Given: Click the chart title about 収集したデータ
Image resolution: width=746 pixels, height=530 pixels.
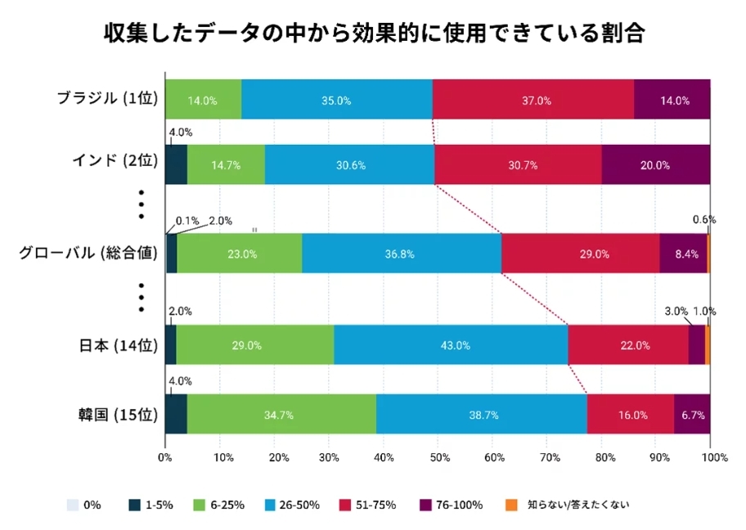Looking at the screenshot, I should tap(374, 34).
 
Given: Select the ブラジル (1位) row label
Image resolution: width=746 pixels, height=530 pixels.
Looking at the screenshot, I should tap(106, 99).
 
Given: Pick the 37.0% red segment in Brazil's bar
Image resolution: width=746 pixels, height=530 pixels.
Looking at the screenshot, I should tap(533, 100).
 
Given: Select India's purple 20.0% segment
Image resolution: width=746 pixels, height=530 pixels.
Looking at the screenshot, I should tap(655, 164).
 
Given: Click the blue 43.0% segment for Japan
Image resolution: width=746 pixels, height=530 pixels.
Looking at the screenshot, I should tap(451, 345).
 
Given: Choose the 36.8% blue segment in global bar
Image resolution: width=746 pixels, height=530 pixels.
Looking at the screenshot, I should tap(401, 254).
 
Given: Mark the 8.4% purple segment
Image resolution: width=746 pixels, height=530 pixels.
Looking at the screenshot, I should tap(683, 254).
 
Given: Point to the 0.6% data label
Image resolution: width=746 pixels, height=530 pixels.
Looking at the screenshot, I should tap(703, 219).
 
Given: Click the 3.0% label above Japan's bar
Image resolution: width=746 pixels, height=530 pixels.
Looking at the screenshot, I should tap(675, 312).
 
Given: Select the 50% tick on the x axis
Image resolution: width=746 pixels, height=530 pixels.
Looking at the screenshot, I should tap(438, 457).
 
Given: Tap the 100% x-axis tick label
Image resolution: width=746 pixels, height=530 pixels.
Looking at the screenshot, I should tap(713, 457).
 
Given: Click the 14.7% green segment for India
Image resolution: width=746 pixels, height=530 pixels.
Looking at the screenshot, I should tap(226, 164).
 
